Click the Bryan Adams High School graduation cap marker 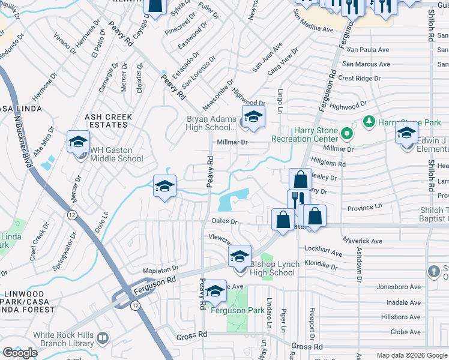click(x=253, y=117)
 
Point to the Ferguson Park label click(x=237, y=310)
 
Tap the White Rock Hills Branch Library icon click(x=103, y=339)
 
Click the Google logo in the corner click(x=20, y=353)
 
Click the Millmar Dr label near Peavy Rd click(x=235, y=142)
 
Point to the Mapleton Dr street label click(x=160, y=269)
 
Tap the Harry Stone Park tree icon click(x=369, y=122)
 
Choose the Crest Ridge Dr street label click(x=360, y=78)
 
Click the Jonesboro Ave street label click(x=397, y=287)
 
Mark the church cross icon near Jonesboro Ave click(x=434, y=272)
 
